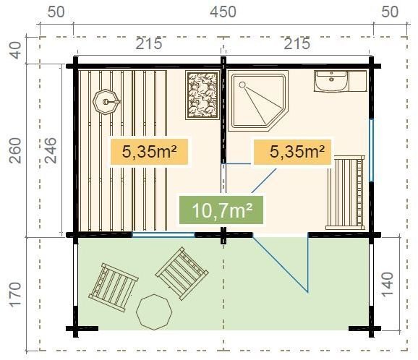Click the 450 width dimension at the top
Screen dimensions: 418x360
(x=223, y=12)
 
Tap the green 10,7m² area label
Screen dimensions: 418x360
(x=221, y=210)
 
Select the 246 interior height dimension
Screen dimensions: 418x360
(x=50, y=150)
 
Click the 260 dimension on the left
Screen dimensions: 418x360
(x=15, y=150)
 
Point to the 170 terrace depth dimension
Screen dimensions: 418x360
(x=15, y=295)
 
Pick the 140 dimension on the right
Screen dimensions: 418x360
(x=387, y=284)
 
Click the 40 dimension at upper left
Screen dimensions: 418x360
(x=16, y=50)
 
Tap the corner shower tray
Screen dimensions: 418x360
(x=258, y=100)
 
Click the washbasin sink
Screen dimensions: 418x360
(x=331, y=81)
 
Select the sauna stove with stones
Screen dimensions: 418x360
(x=202, y=95)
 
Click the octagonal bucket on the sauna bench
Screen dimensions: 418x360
(x=106, y=102)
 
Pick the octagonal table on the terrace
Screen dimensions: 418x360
(x=154, y=312)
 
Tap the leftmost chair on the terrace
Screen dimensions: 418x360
(x=114, y=287)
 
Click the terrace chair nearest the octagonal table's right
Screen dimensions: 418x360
(x=182, y=274)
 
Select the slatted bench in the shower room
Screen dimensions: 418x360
(x=346, y=193)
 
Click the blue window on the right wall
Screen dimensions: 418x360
(x=371, y=150)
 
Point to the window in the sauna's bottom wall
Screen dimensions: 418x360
(x=163, y=235)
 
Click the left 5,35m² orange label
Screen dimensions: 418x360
(x=149, y=152)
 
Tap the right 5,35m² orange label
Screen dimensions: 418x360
(x=292, y=152)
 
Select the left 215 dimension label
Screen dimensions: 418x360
(x=149, y=43)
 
